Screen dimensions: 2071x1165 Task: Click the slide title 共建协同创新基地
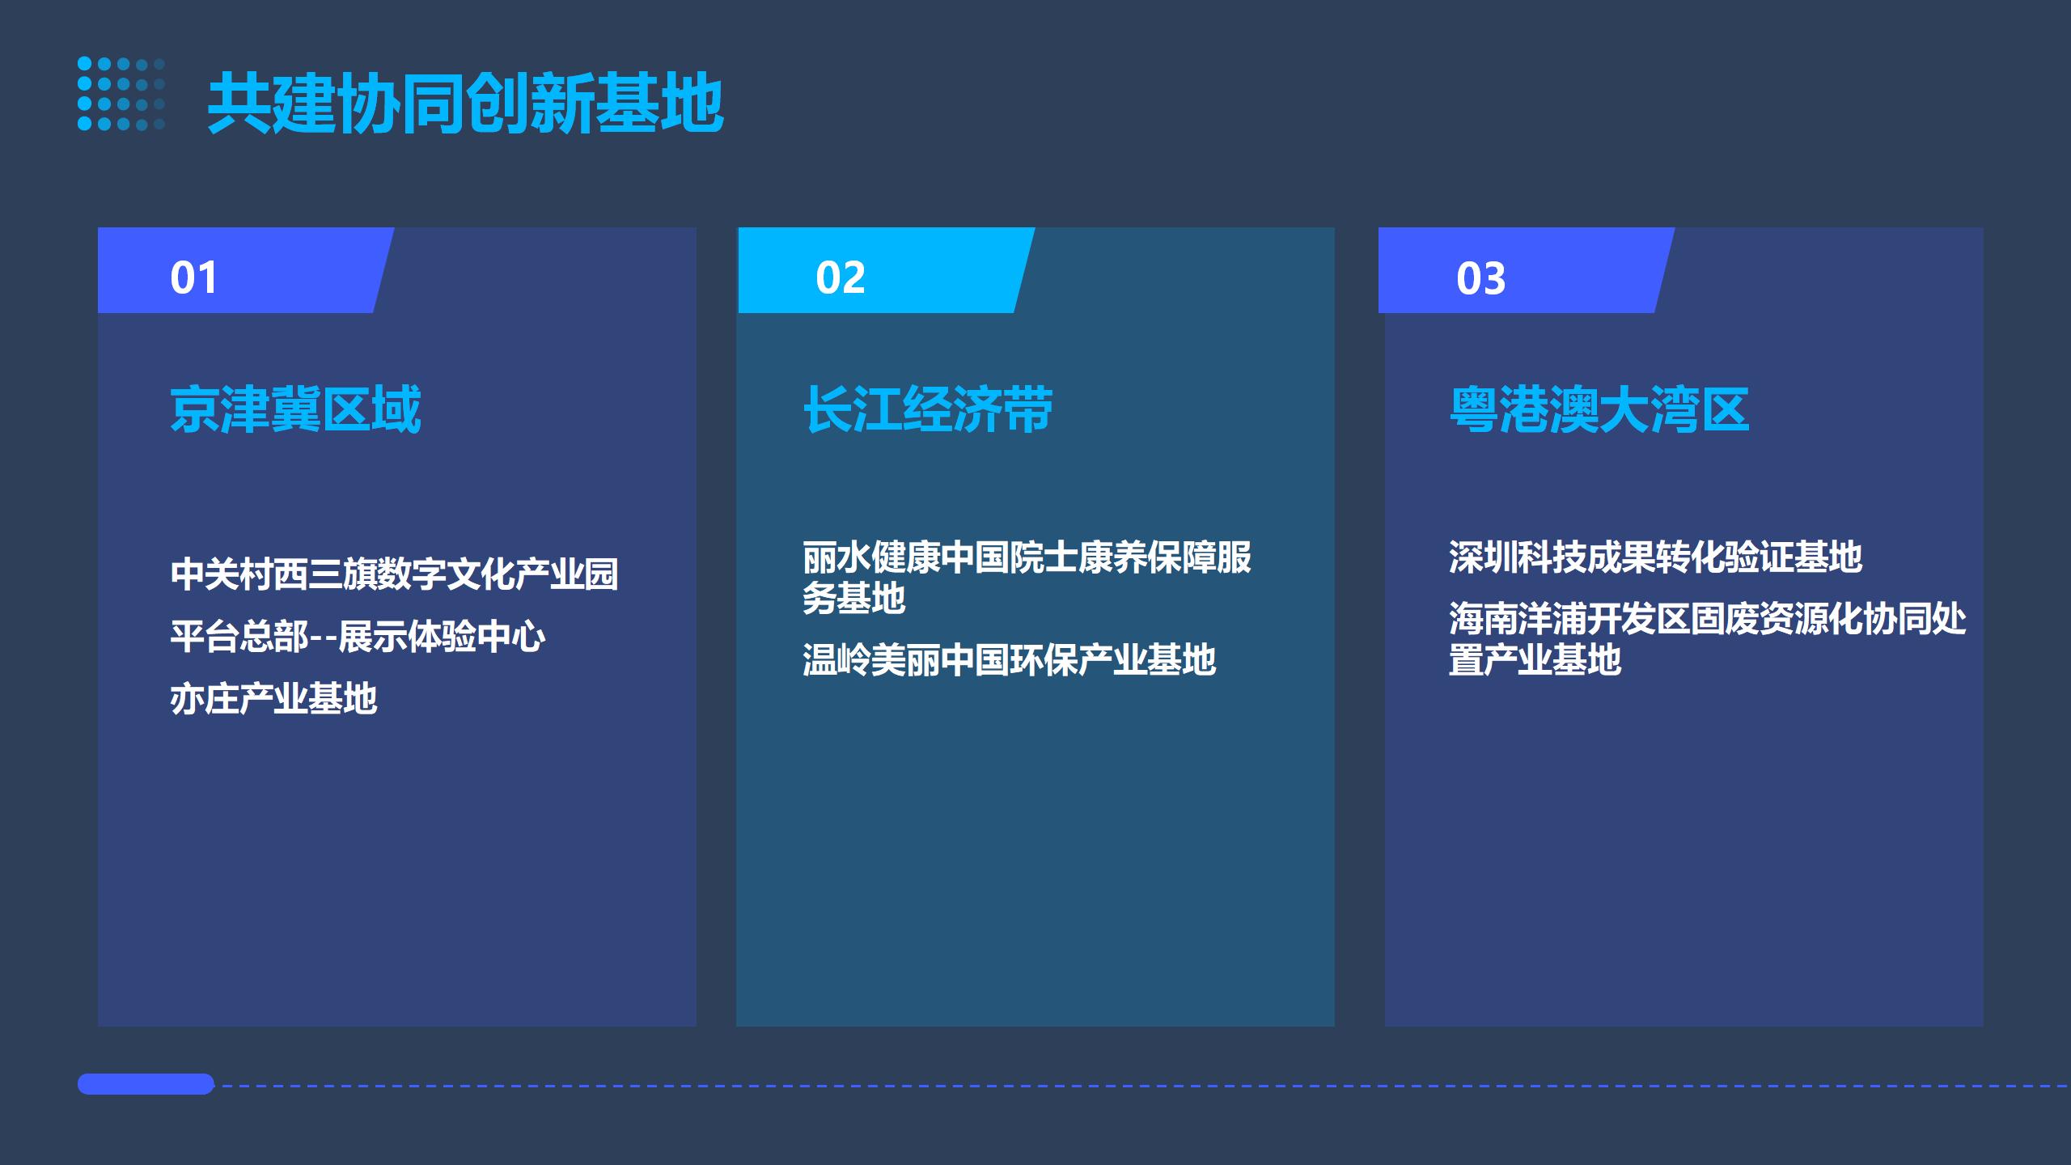tap(465, 103)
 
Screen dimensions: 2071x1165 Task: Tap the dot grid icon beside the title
tap(121, 94)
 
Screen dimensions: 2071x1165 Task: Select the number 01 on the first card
tap(193, 277)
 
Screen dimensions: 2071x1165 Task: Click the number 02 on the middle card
tap(841, 277)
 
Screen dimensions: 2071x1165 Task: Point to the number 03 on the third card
tap(1480, 278)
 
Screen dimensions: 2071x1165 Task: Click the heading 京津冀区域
tap(295, 409)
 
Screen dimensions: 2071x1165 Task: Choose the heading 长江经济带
tap(928, 409)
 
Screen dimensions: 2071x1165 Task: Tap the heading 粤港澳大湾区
tap(1599, 409)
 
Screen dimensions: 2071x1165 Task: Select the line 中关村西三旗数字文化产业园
tap(394, 574)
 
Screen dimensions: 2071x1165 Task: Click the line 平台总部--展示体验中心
tap(358, 637)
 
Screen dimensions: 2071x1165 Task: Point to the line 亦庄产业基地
tap(273, 699)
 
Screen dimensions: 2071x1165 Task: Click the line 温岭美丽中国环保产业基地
tap(1009, 660)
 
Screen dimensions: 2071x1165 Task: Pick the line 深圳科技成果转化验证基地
tap(1655, 557)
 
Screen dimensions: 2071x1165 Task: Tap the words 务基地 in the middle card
tap(854, 599)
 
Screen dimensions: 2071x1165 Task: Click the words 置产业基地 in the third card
tap(1535, 660)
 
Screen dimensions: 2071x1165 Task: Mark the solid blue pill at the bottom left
tap(146, 1084)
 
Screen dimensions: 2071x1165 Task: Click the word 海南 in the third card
tap(1483, 619)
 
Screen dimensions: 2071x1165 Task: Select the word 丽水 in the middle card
tap(836, 557)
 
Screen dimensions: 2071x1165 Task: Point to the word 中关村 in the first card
tap(222, 574)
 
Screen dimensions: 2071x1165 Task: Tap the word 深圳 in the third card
tap(1483, 557)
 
